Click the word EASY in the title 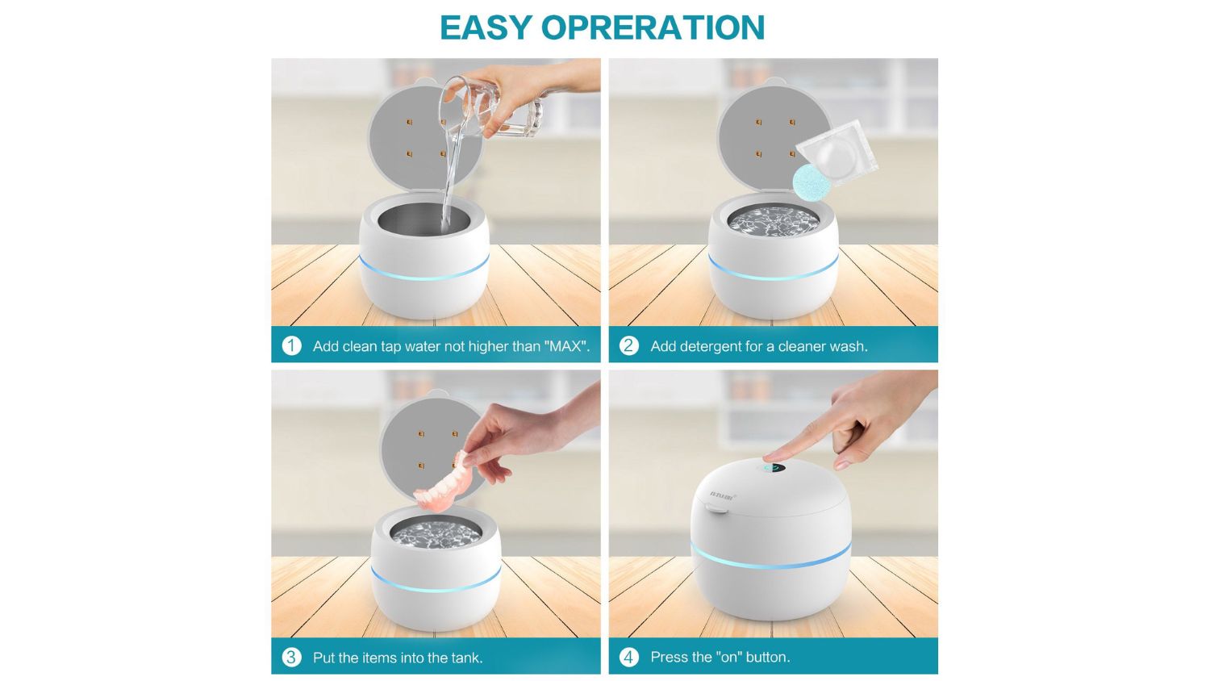coord(486,27)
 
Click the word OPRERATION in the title coord(653,27)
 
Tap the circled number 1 coord(292,345)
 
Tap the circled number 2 coord(628,345)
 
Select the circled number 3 coord(292,658)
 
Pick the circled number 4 coord(628,658)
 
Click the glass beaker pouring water coord(491,108)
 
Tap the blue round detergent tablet coord(812,182)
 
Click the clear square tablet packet coord(837,153)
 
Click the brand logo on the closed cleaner coord(722,495)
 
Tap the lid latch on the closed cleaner coord(716,508)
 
